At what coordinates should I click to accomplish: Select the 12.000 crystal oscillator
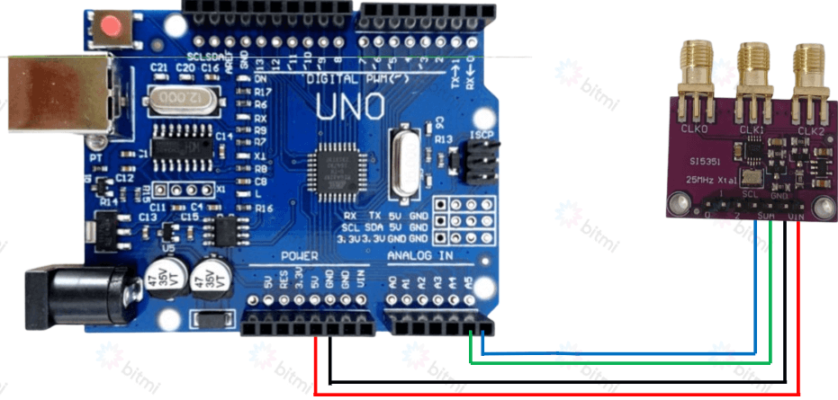tap(178, 97)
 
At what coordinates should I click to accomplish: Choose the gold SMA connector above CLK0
tap(696, 72)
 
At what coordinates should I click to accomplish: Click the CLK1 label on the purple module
tap(752, 131)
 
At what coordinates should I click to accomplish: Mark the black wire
tap(540, 381)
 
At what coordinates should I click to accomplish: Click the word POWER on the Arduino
tap(300, 255)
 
